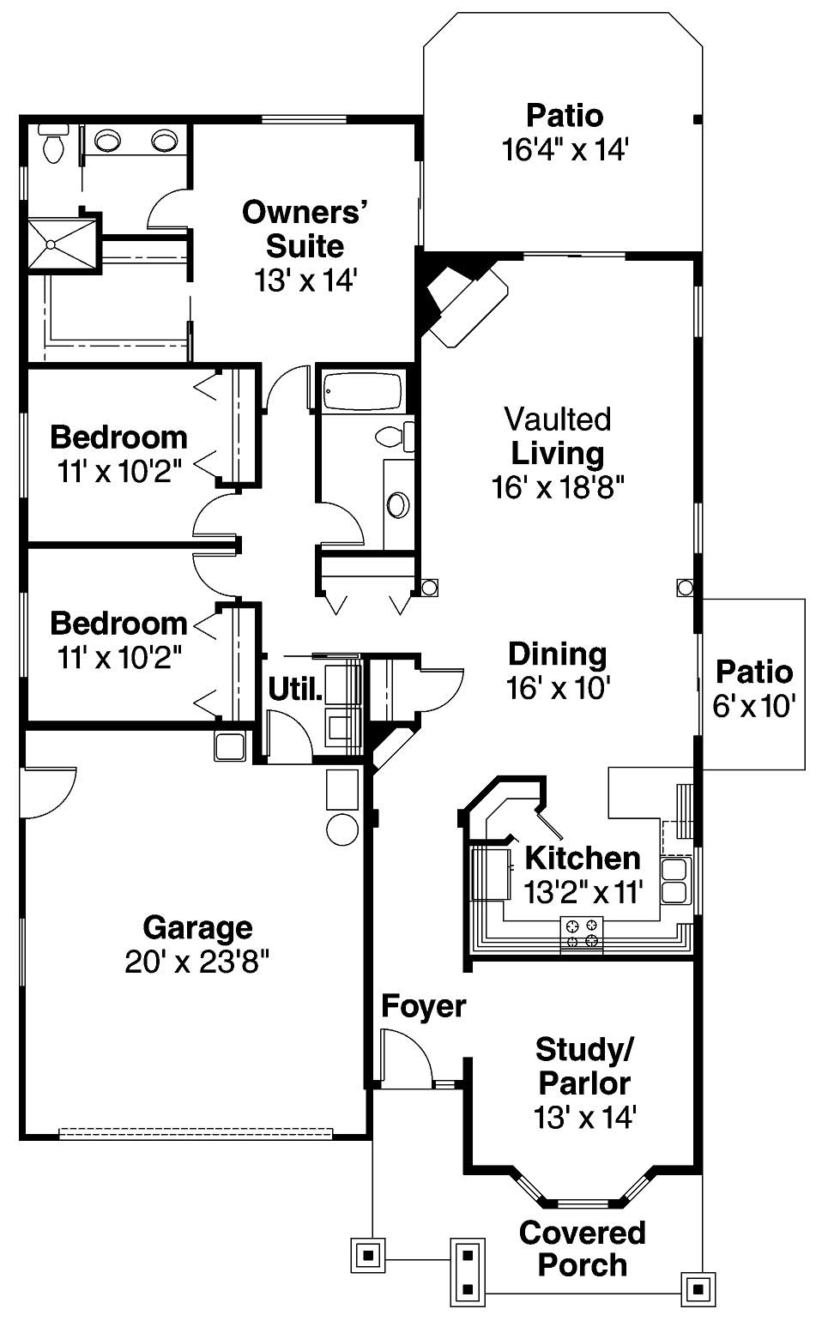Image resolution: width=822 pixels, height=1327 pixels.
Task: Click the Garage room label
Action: [x=197, y=927]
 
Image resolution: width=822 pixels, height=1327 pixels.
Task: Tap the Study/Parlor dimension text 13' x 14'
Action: [x=584, y=1118]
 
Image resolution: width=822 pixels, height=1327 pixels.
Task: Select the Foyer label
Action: [x=423, y=1005]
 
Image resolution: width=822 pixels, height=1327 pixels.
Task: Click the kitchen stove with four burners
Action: [x=582, y=934]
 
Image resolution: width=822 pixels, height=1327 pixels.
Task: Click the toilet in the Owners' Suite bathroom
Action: [x=54, y=145]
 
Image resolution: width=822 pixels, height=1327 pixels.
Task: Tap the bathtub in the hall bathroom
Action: [x=363, y=392]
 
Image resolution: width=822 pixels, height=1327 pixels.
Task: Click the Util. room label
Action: [x=295, y=689]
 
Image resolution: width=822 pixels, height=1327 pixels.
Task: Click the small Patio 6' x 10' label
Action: [x=754, y=689]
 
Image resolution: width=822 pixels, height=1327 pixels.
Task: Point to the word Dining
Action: [x=558, y=654]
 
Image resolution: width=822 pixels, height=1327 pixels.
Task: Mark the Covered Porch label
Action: [x=583, y=1249]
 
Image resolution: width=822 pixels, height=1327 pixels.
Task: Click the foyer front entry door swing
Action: [x=405, y=1058]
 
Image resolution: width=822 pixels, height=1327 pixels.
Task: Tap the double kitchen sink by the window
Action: [x=674, y=880]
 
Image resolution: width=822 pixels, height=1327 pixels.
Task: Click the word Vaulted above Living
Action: [x=558, y=419]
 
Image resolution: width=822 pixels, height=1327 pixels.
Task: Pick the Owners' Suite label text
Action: [x=305, y=228]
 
